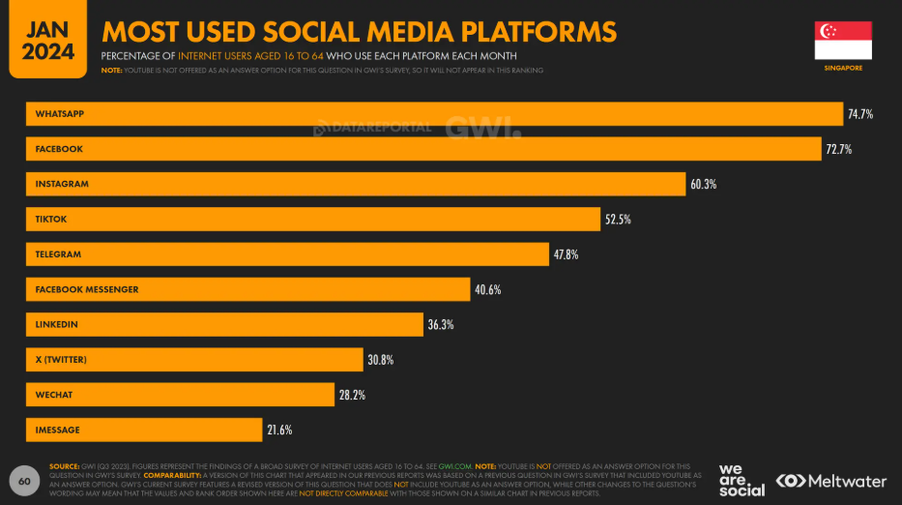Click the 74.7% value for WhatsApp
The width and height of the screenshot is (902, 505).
pyautogui.click(x=860, y=114)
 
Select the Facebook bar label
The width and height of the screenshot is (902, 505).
pyautogui.click(x=59, y=149)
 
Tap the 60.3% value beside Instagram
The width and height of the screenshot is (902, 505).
pyautogui.click(x=702, y=184)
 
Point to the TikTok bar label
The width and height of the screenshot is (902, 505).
pyautogui.click(x=52, y=220)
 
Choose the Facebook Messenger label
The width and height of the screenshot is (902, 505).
pyautogui.click(x=87, y=289)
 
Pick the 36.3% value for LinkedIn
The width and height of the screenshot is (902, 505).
pyautogui.click(x=441, y=325)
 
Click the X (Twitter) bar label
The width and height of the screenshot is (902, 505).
pyautogui.click(x=61, y=360)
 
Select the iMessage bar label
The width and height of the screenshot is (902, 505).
pyautogui.click(x=57, y=430)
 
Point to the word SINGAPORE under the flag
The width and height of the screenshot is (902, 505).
pyautogui.click(x=844, y=69)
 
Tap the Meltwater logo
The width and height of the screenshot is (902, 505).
pyautogui.click(x=831, y=481)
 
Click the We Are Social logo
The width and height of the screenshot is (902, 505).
pyautogui.click(x=742, y=480)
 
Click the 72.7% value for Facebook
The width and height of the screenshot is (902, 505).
pyautogui.click(x=838, y=149)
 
